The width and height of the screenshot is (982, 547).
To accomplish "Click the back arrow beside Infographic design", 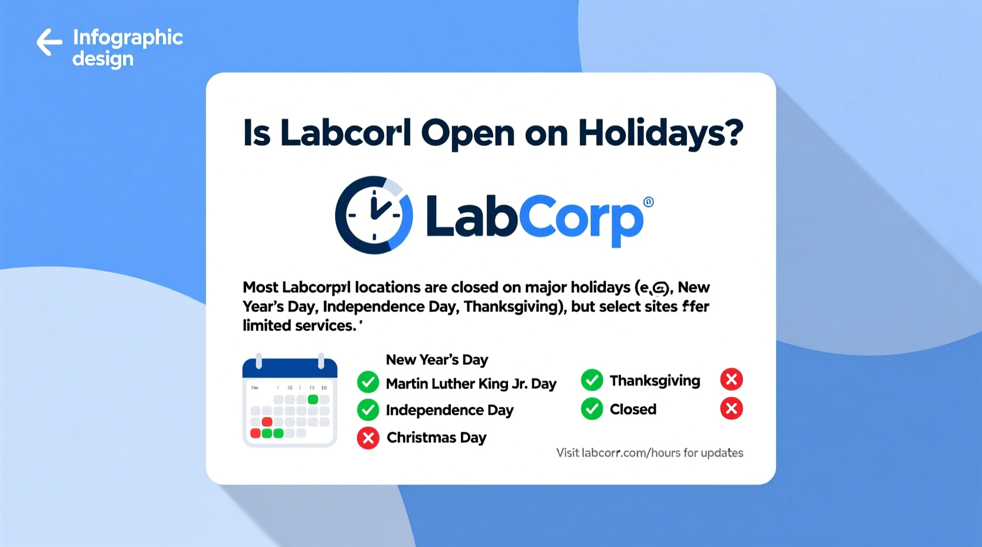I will coord(50,42).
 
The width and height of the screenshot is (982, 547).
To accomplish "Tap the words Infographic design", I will coord(127,47).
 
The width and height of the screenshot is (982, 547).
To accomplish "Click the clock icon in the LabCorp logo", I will coord(374,215).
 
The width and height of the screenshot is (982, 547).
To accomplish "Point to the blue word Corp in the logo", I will coord(584,219).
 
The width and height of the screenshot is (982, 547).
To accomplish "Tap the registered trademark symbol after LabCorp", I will coord(649,202).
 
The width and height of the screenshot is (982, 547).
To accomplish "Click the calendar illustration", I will coord(290,401).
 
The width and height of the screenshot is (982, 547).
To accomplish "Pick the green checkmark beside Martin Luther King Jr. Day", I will coord(368,383).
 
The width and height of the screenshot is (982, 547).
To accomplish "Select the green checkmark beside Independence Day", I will coord(368,410).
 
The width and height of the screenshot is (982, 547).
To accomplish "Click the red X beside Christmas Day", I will coord(368,438).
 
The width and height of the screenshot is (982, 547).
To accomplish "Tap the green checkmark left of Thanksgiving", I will coord(591,380).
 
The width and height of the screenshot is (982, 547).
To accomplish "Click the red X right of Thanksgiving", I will coord(731,380).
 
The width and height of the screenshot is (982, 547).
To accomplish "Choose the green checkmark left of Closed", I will coord(591,409).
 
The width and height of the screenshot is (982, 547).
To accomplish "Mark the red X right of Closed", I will coord(731,408).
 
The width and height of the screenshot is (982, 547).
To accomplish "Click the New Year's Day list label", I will coord(437,360).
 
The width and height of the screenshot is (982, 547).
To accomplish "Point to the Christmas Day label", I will coord(436,437).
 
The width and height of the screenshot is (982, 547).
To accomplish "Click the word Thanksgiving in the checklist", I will coord(654,381).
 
